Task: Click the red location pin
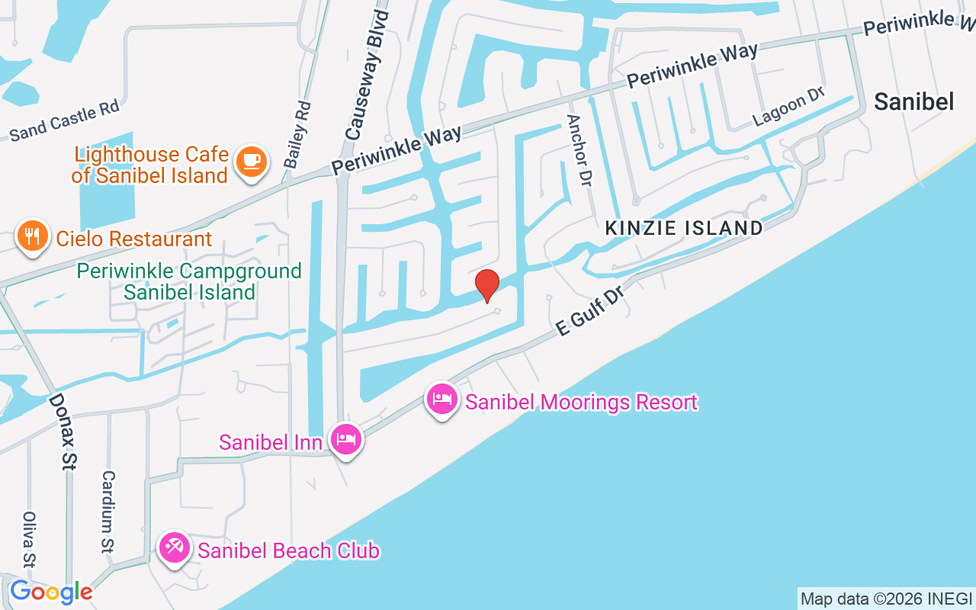[x=487, y=285]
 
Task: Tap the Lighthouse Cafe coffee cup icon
[x=251, y=162]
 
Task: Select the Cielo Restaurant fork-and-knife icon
[x=31, y=236]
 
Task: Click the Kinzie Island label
[x=684, y=228]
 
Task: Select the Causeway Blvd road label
[x=367, y=74]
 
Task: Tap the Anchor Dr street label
[x=579, y=151]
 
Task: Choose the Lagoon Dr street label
[x=789, y=106]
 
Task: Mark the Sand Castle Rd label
[x=65, y=122]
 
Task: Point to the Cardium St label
[x=109, y=511]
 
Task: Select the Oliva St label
[x=30, y=539]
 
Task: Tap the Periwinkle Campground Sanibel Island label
[x=190, y=281]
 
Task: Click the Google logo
[x=51, y=592]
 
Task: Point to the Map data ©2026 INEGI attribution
[x=886, y=599]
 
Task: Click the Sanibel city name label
[x=914, y=101]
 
